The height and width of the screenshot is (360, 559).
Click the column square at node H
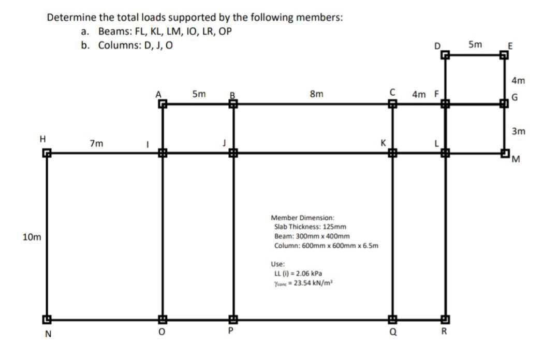(47, 153)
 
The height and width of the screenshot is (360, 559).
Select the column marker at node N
(47, 319)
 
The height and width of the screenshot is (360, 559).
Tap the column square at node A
(163, 104)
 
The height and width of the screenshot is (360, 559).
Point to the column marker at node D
(445, 55)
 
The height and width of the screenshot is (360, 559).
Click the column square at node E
(505, 55)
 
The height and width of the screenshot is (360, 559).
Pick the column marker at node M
(505, 153)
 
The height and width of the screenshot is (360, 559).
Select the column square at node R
(445, 319)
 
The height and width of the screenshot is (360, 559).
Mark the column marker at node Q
(392, 319)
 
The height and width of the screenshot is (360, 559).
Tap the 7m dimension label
(96, 142)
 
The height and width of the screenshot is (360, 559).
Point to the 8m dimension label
(316, 94)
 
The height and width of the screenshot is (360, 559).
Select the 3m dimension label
(518, 131)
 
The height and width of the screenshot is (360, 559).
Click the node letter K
(383, 142)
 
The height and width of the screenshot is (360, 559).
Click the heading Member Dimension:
(303, 217)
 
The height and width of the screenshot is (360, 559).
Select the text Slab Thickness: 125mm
(310, 227)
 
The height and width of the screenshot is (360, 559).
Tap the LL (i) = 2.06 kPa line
(300, 273)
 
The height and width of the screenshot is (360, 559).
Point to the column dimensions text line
(326, 245)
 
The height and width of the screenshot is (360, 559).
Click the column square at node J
(233, 153)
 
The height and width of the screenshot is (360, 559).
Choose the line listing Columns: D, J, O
(135, 44)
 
